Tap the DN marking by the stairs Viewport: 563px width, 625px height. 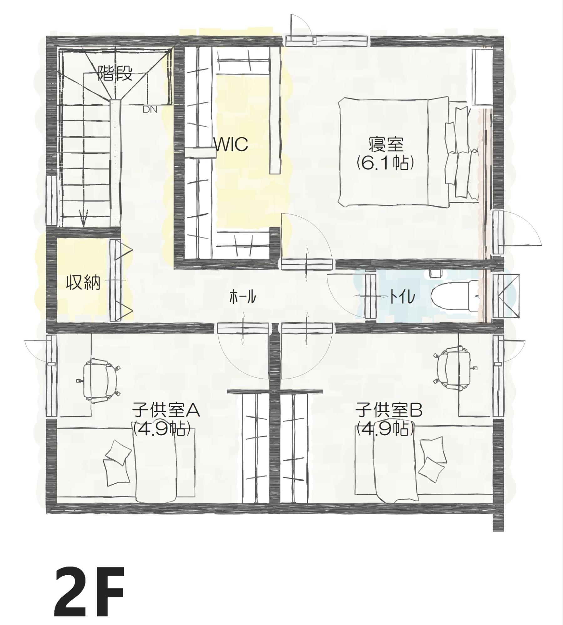pos(150,110)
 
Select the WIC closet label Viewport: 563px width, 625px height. pos(231,144)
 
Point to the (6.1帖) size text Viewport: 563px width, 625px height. pos(386,163)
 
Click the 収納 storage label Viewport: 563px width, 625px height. pos(83,283)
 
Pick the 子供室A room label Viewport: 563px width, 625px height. pos(166,410)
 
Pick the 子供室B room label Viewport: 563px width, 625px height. pos(389,410)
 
